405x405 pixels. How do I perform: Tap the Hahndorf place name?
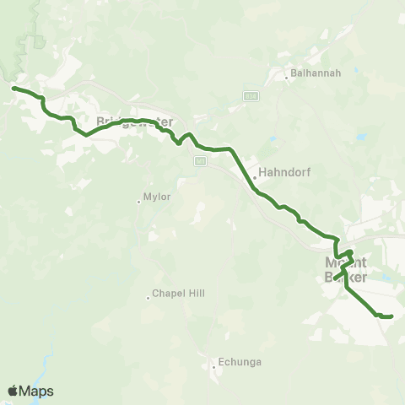click(284, 172)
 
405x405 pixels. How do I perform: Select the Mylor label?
click(158, 197)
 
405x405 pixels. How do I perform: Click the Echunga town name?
click(240, 362)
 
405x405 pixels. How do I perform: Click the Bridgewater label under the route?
click(135, 122)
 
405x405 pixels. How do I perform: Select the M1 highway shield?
click(200, 161)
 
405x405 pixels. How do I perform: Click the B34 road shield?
click(250, 96)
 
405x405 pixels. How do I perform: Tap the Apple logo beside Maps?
click(13, 391)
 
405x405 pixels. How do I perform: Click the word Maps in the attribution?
click(36, 391)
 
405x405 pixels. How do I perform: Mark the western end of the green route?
click(13, 87)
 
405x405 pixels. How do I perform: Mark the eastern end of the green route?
click(392, 317)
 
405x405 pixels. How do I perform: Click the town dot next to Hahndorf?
click(255, 177)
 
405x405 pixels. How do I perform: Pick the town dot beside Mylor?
click(138, 201)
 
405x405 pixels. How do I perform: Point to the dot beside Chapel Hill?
click(148, 298)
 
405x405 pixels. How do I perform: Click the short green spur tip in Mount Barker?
click(334, 278)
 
